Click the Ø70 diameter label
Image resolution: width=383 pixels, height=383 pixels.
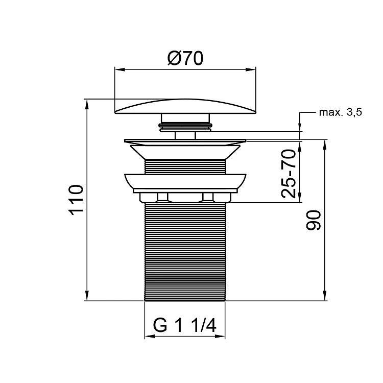pyautogui.click(x=185, y=58)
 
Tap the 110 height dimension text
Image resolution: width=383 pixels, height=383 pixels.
pyautogui.click(x=76, y=200)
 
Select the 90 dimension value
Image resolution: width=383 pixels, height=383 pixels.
pyautogui.click(x=313, y=220)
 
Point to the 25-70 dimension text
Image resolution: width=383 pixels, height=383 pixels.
pyautogui.click(x=289, y=174)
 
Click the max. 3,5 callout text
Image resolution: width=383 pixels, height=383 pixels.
pyautogui.click(x=341, y=112)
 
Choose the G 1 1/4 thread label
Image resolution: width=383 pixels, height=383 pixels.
pyautogui.click(x=185, y=325)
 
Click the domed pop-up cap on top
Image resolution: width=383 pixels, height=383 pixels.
pyautogui.click(x=185, y=107)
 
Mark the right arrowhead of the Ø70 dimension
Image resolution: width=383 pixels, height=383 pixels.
pyautogui.click(x=251, y=69)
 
